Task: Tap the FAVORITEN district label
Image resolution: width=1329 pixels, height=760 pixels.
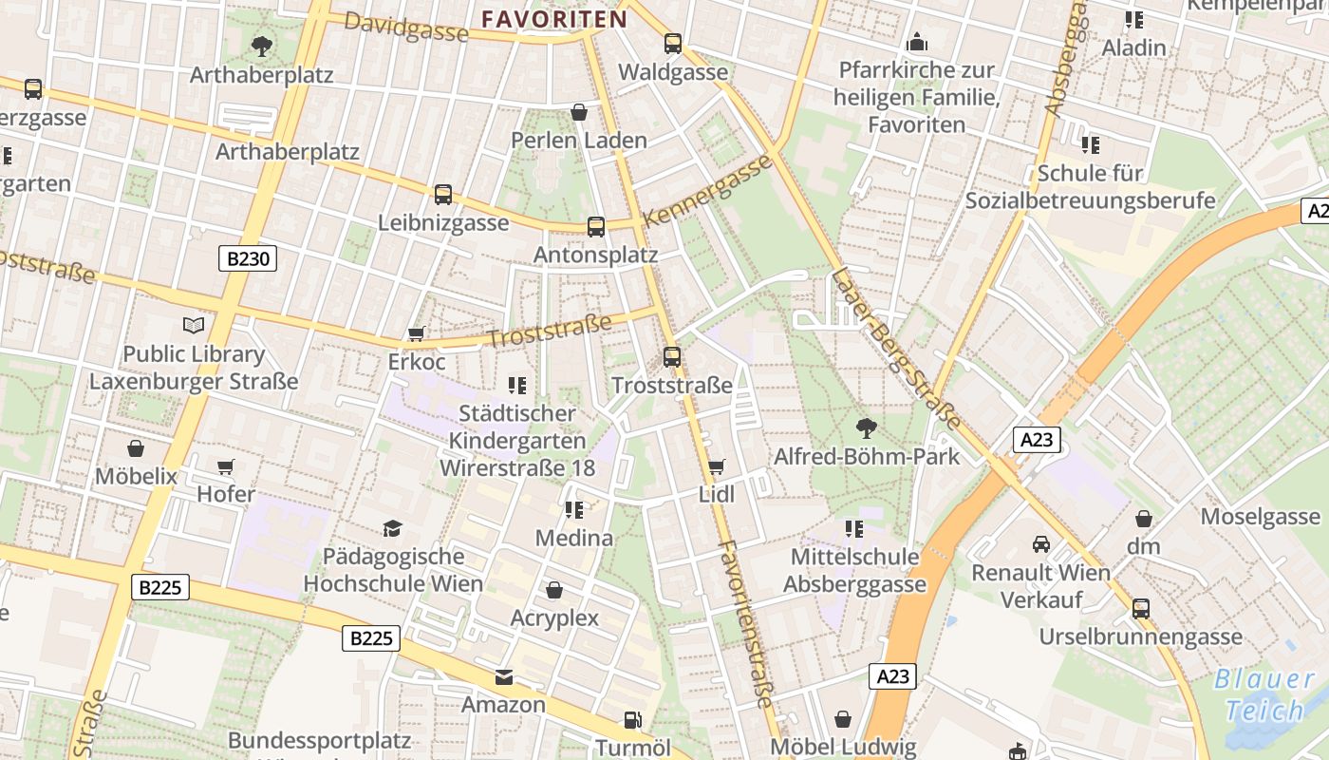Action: click(554, 19)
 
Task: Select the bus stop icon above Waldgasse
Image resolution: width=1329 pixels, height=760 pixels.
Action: click(673, 43)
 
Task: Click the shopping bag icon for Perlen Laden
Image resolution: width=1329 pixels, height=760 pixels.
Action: click(579, 113)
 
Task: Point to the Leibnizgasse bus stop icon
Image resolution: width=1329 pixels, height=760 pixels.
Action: click(442, 195)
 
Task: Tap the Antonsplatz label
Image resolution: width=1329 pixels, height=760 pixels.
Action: click(595, 255)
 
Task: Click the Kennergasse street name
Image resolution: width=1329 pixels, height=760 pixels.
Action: click(708, 190)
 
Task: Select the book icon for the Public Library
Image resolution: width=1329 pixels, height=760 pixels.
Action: click(194, 326)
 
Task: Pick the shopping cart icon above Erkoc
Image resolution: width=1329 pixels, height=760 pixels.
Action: click(416, 334)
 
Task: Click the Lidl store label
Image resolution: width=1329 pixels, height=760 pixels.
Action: click(717, 494)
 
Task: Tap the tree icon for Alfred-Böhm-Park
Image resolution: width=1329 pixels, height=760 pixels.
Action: click(866, 427)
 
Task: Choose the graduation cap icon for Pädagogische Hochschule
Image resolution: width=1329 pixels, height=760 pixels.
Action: click(392, 528)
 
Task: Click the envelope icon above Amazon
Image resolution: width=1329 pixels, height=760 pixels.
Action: click(503, 677)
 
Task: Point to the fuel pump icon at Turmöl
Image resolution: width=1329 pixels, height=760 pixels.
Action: click(632, 720)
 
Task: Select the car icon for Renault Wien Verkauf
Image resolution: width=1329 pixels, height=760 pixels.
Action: click(1041, 544)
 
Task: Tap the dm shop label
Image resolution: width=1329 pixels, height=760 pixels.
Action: click(1144, 546)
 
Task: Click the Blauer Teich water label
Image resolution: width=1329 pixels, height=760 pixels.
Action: click(1264, 694)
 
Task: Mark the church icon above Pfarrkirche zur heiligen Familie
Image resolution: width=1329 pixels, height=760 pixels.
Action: click(916, 42)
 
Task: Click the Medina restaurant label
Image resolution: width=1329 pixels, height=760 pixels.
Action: click(574, 538)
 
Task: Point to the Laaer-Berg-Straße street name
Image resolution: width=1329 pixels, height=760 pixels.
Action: click(896, 349)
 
